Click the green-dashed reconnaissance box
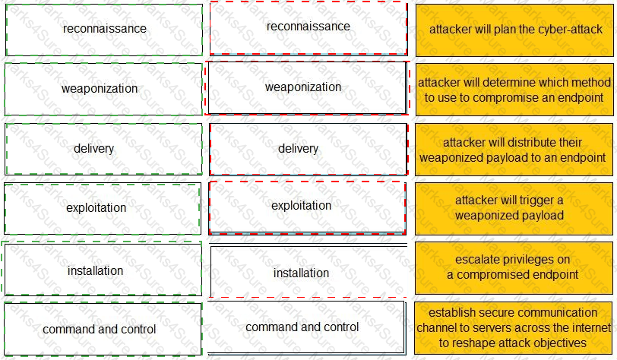pyautogui.click(x=104, y=30)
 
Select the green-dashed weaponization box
pyautogui.click(x=103, y=89)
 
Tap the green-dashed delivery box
pyautogui.click(x=104, y=149)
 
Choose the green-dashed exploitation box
pyautogui.click(x=103, y=209)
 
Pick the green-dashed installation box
pyautogui.click(x=102, y=269)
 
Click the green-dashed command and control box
pyautogui.click(x=103, y=329)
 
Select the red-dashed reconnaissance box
pyautogui.click(x=308, y=28)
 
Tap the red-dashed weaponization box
pyautogui.click(x=307, y=88)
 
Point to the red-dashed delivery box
pyautogui.click(x=308, y=149)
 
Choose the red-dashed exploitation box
pyautogui.click(x=307, y=208)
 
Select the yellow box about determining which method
pyautogui.click(x=514, y=90)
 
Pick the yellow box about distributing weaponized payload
pyautogui.click(x=514, y=150)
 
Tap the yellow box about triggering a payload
pyautogui.click(x=514, y=209)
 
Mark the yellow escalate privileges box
pyautogui.click(x=514, y=268)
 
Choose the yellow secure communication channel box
pyautogui.click(x=514, y=328)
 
